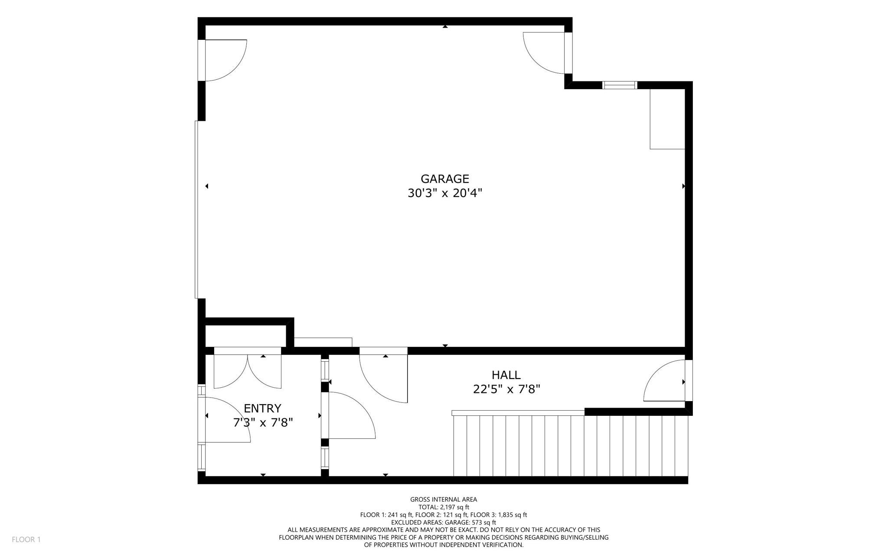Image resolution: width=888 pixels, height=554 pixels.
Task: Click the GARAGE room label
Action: pyautogui.click(x=444, y=179)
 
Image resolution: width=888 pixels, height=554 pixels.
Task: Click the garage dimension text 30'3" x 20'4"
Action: pyautogui.click(x=444, y=193)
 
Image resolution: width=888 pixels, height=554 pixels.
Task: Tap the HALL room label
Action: pyautogui.click(x=506, y=375)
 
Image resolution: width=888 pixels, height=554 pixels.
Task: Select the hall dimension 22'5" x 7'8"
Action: pyautogui.click(x=506, y=389)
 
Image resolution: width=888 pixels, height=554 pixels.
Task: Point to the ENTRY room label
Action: pyautogui.click(x=262, y=408)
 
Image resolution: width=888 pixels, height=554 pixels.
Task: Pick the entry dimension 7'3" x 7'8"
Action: pyautogui.click(x=263, y=423)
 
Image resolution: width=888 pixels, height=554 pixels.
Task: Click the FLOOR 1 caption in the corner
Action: pyautogui.click(x=26, y=539)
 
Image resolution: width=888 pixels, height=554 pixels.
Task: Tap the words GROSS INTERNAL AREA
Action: pyautogui.click(x=443, y=499)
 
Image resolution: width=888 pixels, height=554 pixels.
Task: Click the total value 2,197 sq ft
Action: pyautogui.click(x=455, y=507)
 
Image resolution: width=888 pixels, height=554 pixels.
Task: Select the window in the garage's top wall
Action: pyautogui.click(x=620, y=85)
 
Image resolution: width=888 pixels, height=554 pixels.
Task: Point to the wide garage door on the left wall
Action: pyautogui.click(x=197, y=210)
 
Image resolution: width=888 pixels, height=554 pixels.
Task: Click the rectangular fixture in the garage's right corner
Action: pyautogui.click(x=667, y=119)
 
